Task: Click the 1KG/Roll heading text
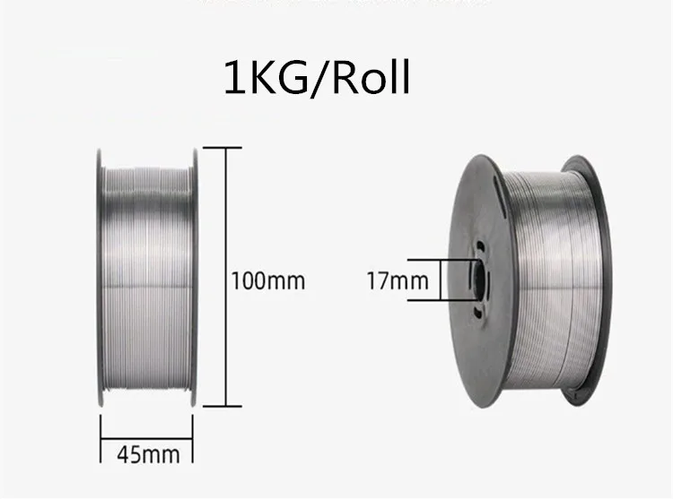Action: [316, 78]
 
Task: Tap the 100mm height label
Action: [268, 280]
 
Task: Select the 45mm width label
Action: [149, 454]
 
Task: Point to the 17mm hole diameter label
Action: [398, 280]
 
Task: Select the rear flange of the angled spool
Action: [592, 278]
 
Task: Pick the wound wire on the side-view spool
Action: [147, 278]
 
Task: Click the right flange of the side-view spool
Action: [194, 278]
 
